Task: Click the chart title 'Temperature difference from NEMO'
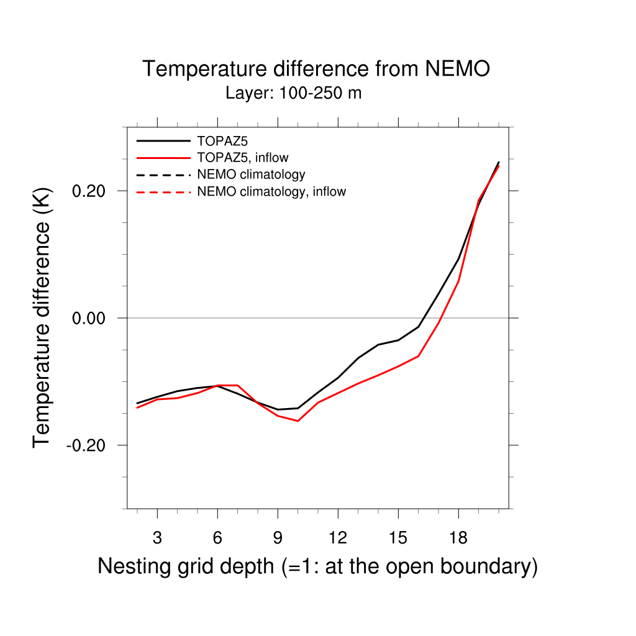(x=316, y=69)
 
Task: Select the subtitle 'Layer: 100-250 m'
(x=293, y=94)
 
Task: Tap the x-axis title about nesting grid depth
(x=317, y=566)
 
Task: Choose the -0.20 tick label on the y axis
(x=88, y=445)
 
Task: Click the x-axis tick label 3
(x=157, y=538)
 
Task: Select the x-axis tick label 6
(x=217, y=538)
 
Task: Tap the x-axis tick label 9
(x=278, y=538)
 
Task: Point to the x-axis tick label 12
(x=338, y=538)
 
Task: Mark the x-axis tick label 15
(x=398, y=538)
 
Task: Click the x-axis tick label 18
(x=458, y=538)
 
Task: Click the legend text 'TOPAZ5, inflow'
(x=243, y=158)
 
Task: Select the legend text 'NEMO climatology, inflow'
(x=271, y=192)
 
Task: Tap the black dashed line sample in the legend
(x=163, y=175)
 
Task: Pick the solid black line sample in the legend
(x=163, y=140)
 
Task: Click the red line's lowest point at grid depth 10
(x=298, y=421)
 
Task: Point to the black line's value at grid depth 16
(x=419, y=326)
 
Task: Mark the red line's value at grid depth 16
(x=419, y=356)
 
